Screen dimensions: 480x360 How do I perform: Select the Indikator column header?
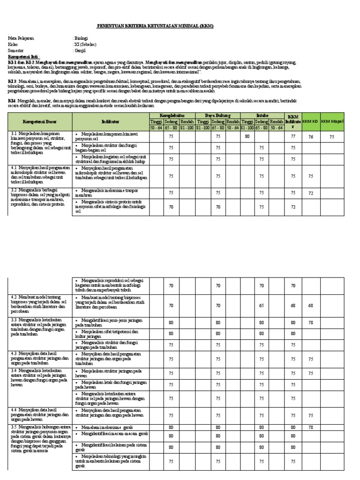[x=110, y=122]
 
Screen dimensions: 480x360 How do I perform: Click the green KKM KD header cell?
[x=310, y=122]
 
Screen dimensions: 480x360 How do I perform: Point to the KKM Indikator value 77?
[x=293, y=137]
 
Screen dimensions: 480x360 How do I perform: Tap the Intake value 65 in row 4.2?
[x=262, y=305]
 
